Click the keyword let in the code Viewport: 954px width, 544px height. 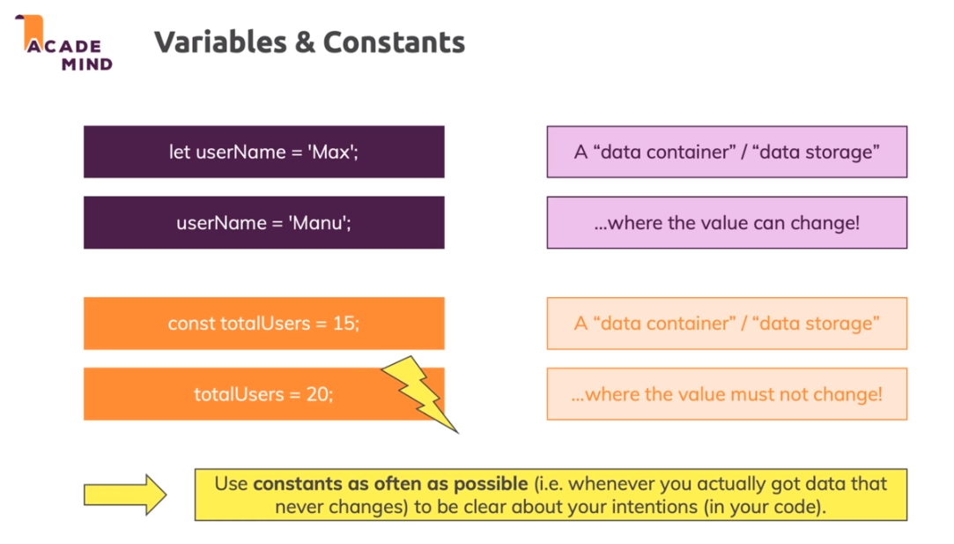click(180, 152)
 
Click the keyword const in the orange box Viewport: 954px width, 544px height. click(191, 324)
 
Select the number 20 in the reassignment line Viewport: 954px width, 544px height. click(320, 394)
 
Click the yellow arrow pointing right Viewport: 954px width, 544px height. click(124, 495)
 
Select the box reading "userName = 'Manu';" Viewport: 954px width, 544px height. click(263, 222)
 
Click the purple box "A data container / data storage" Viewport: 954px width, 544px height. click(727, 152)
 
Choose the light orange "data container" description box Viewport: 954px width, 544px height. click(727, 324)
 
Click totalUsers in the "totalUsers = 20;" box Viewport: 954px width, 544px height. click(238, 394)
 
